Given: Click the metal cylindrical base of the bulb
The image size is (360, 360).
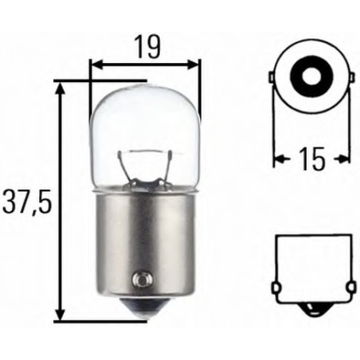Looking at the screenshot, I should tap(144, 239).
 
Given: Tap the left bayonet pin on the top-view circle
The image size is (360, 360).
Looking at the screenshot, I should tap(273, 78).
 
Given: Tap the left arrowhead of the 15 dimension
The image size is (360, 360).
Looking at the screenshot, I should tap(279, 159).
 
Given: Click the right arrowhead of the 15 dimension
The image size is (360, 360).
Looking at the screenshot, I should tap(346, 159).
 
